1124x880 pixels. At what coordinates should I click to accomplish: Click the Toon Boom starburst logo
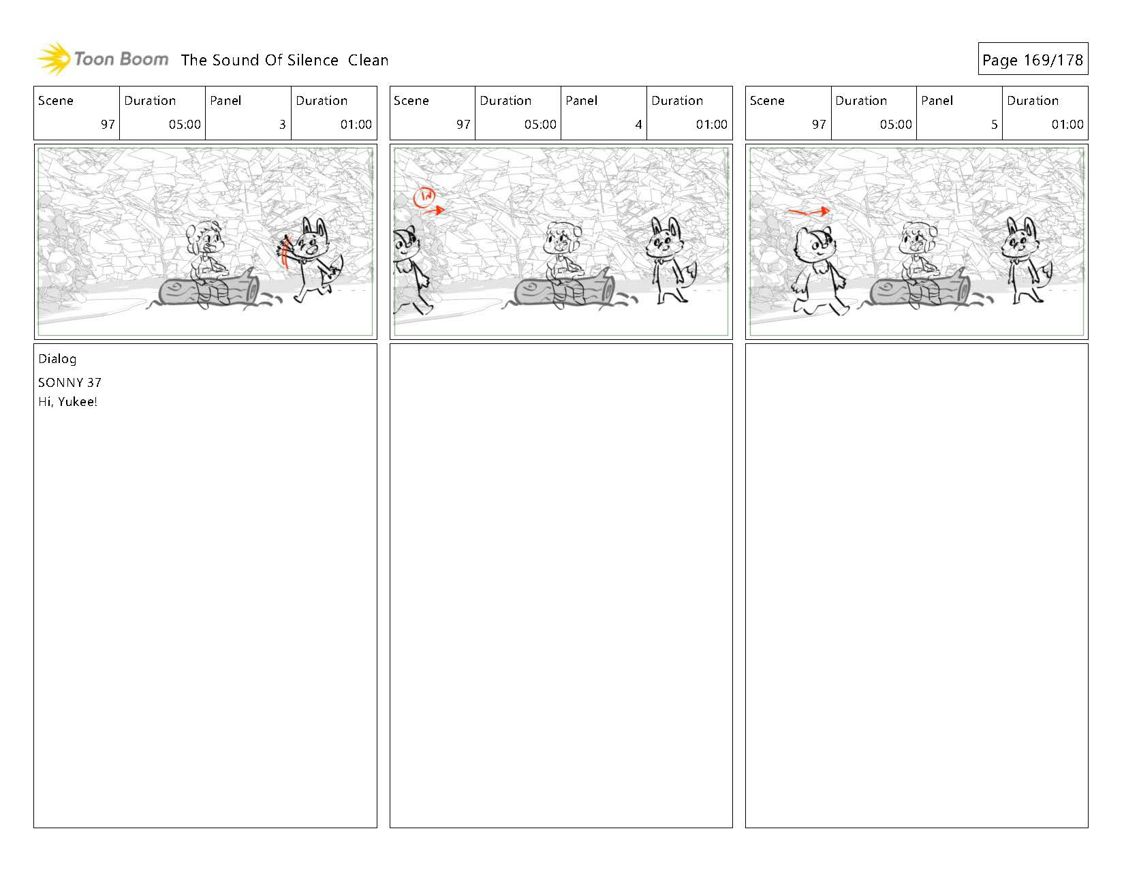pyautogui.click(x=54, y=59)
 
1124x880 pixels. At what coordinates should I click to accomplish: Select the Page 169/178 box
pyautogui.click(x=1033, y=59)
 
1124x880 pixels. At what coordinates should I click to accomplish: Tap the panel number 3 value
pyautogui.click(x=283, y=125)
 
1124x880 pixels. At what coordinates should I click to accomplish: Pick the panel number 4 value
pyautogui.click(x=638, y=125)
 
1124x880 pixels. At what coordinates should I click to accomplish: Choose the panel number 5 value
pyautogui.click(x=994, y=125)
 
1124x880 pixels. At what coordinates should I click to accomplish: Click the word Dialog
pyautogui.click(x=57, y=360)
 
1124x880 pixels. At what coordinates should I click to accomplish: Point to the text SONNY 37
pyautogui.click(x=70, y=383)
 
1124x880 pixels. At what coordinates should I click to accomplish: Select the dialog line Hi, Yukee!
pyautogui.click(x=67, y=402)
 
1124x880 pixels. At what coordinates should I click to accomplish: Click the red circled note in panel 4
pyautogui.click(x=424, y=197)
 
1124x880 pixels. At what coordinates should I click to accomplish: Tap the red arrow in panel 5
pyautogui.click(x=809, y=211)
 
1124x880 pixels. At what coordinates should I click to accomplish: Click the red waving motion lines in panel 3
pyautogui.click(x=285, y=251)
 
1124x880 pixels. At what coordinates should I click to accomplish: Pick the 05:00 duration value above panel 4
pyautogui.click(x=540, y=125)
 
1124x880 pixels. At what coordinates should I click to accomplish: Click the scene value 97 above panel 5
pyautogui.click(x=819, y=125)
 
